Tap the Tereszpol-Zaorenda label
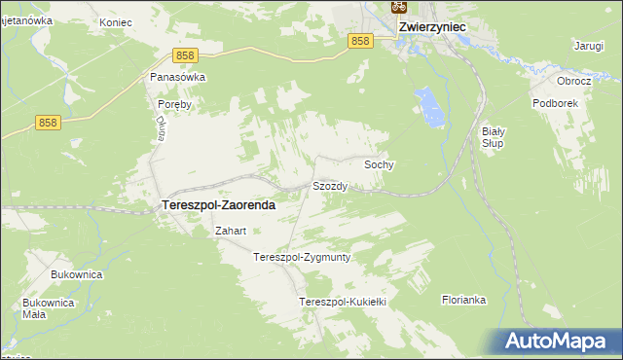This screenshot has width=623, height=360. [x=216, y=206]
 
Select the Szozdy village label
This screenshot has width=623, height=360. [x=329, y=185]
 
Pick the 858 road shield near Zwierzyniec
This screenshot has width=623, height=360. [x=360, y=40]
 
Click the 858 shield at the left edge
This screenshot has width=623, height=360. [x=48, y=122]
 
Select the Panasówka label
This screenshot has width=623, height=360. [x=177, y=77]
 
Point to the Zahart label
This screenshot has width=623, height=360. [x=230, y=232]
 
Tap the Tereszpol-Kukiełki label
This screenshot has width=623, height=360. [x=343, y=303]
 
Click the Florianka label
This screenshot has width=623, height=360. [x=463, y=300]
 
